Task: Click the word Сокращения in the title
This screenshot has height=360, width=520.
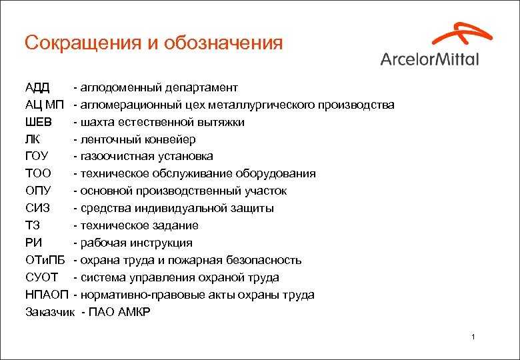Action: pos(83,43)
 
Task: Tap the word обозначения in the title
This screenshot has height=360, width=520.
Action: pos(223,43)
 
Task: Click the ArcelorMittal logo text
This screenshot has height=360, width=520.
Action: pos(429,59)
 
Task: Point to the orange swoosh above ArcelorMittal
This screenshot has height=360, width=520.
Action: pos(462,33)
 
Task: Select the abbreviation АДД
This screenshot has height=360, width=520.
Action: pos(37,88)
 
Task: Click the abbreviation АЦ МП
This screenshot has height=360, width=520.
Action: pos(45,105)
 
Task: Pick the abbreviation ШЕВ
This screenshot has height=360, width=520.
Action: pos(39,122)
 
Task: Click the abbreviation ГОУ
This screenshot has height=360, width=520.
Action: pos(37,156)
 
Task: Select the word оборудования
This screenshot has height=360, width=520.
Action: pos(275,174)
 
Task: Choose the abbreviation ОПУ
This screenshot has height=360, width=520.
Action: pos(38,191)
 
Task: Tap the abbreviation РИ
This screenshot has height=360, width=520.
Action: pos(33,243)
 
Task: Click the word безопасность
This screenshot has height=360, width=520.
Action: pos(263,260)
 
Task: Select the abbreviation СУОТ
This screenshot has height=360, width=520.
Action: pos(41,277)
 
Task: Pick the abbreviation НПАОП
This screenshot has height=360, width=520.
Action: pos(47,295)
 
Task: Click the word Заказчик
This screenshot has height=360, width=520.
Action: pos(50,312)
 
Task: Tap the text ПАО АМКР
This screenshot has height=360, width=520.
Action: pos(119,311)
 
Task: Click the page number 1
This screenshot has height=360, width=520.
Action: pos(473,337)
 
